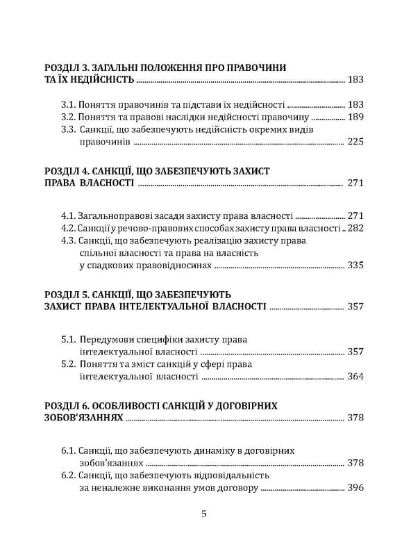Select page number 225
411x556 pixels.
point(355,142)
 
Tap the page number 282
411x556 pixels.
point(355,227)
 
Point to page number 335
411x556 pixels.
point(355,265)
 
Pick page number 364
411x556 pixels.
point(355,376)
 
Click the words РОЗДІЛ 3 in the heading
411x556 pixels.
point(67,67)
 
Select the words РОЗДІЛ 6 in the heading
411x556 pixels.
point(67,404)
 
